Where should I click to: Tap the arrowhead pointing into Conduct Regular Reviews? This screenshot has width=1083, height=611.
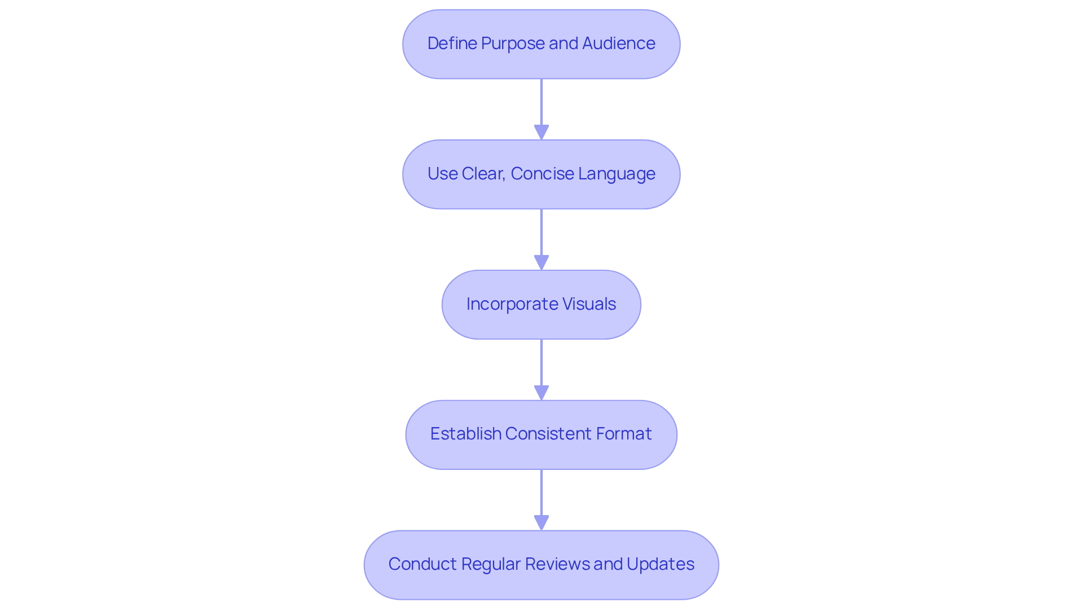point(541,522)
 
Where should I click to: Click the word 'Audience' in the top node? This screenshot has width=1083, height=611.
point(618,43)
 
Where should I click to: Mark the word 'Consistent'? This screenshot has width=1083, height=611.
point(545,434)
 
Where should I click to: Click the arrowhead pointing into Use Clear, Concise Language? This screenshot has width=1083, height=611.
point(541,132)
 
